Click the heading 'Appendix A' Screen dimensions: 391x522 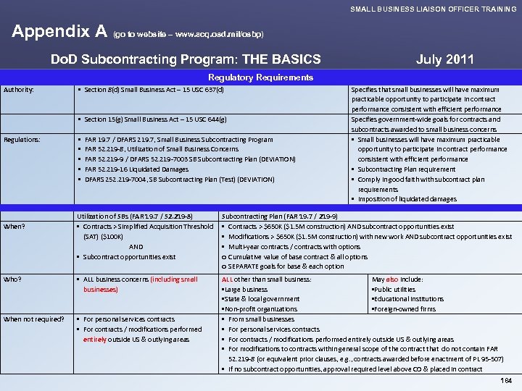coord(59,32)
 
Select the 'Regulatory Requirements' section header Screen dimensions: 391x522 coord(260,77)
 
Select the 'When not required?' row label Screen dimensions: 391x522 coord(34,319)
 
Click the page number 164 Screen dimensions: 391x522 coord(506,381)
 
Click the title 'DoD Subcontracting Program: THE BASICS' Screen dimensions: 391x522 coord(186,59)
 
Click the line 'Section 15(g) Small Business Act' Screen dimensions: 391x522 coord(155,119)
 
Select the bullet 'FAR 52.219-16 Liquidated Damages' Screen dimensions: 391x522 coord(136,169)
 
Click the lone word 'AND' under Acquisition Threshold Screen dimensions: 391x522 coord(136,246)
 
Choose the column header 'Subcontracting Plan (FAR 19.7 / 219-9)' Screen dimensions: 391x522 coord(279,216)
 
